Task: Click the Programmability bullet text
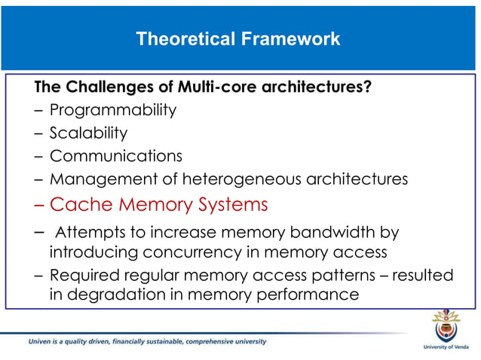pyautogui.click(x=113, y=110)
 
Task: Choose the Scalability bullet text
pyautogui.click(x=88, y=133)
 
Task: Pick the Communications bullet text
pyautogui.click(x=116, y=156)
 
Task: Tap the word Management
pyautogui.click(x=97, y=179)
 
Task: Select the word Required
pyautogui.click(x=84, y=275)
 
